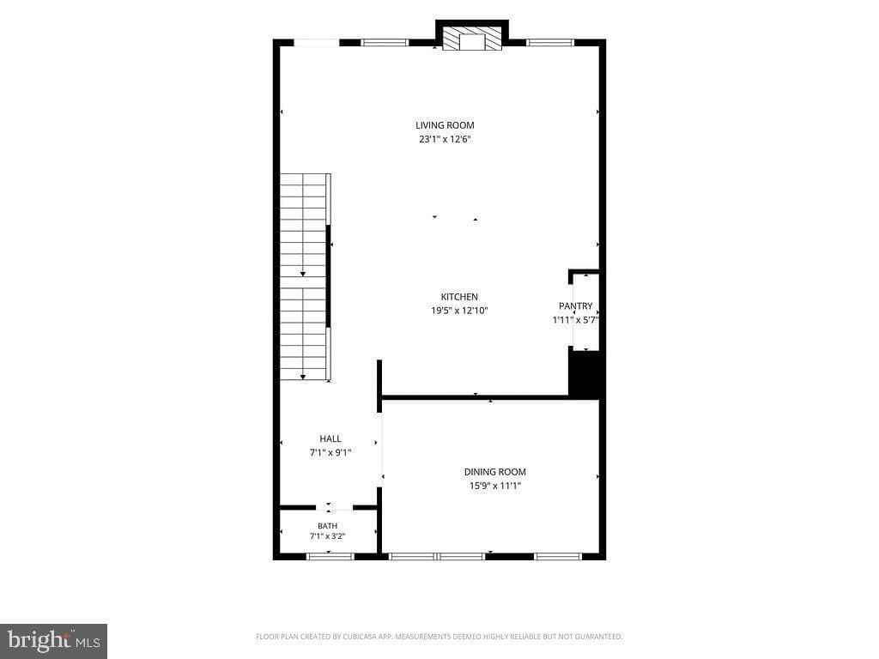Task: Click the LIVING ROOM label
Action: [445, 125]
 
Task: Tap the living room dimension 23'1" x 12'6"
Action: [445, 139]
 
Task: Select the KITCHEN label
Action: [459, 296]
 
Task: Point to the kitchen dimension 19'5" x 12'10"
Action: [459, 311]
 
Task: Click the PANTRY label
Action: [575, 305]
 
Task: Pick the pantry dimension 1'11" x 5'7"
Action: [576, 320]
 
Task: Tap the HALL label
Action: [330, 438]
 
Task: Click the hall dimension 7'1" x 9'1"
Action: [330, 452]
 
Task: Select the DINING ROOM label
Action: [495, 472]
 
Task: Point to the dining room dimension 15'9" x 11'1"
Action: [495, 486]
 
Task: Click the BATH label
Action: [327, 526]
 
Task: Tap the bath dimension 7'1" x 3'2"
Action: [327, 535]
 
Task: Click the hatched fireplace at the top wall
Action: [472, 38]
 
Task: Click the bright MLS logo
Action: [54, 641]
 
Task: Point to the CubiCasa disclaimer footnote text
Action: [439, 637]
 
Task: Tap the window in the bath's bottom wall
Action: [330, 556]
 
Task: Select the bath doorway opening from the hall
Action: [334, 508]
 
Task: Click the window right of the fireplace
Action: [550, 42]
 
